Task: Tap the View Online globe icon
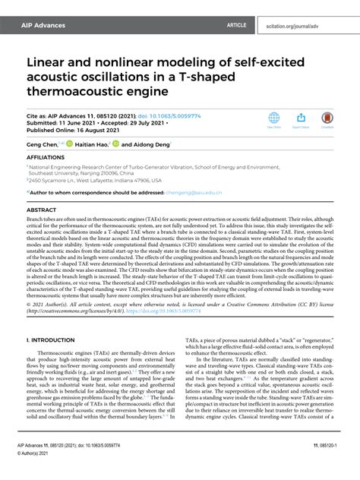click(x=274, y=119)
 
